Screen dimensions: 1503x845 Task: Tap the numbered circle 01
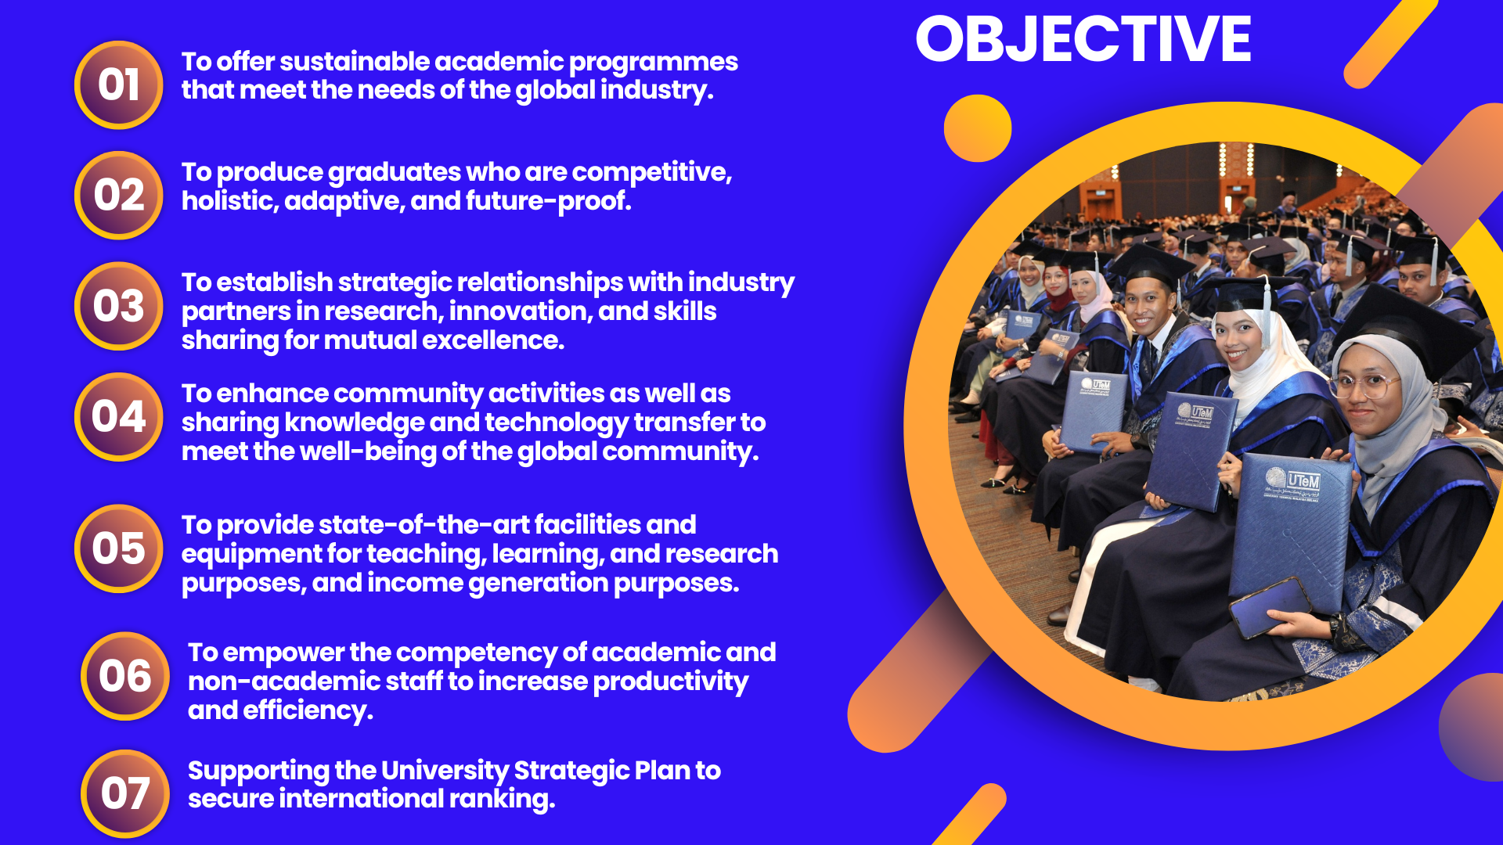[x=119, y=84]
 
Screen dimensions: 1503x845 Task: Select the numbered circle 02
[x=119, y=195]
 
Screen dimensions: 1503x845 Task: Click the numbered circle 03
[x=119, y=306]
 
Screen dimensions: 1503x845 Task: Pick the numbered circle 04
[x=119, y=417]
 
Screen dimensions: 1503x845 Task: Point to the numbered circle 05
[x=119, y=548]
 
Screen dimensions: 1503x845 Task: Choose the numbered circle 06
[x=125, y=676]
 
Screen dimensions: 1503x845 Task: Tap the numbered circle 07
[x=125, y=793]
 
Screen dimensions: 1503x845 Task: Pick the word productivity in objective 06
[x=670, y=681]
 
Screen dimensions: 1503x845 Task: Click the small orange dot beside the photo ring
[x=978, y=128]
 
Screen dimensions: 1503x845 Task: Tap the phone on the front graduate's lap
[x=1271, y=606]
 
